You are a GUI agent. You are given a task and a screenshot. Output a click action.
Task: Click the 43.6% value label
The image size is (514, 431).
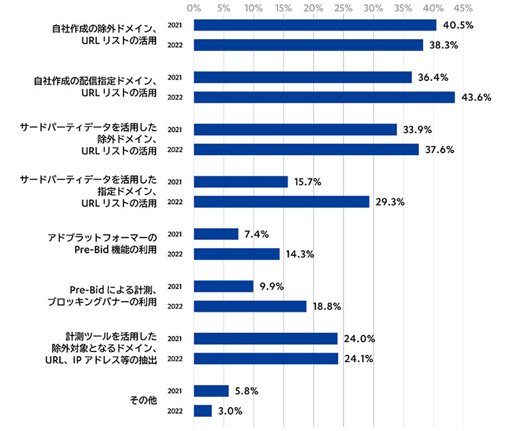476,97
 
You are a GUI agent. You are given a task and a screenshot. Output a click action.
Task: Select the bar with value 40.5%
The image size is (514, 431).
315,25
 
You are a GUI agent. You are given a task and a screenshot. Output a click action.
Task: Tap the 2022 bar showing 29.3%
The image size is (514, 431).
282,202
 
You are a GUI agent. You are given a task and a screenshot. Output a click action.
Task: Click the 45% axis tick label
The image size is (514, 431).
464,9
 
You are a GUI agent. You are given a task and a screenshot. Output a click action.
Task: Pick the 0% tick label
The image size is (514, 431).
194,9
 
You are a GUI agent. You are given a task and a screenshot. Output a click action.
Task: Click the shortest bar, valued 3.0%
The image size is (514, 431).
203,411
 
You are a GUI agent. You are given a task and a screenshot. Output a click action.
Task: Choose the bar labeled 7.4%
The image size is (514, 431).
216,234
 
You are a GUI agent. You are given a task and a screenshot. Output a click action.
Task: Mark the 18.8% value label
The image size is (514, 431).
327,306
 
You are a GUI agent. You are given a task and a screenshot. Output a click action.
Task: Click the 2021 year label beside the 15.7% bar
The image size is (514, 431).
175,182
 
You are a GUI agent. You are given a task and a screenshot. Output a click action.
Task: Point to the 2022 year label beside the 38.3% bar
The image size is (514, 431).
175,45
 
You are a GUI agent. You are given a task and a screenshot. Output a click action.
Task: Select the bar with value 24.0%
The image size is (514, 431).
266,339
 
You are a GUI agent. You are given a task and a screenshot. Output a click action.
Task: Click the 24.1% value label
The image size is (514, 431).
359,359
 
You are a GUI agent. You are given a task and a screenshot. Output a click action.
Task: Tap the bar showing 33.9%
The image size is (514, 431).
295,129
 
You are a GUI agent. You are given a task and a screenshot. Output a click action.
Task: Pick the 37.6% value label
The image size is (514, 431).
440,150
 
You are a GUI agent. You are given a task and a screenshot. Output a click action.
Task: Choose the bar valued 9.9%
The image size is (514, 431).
223,286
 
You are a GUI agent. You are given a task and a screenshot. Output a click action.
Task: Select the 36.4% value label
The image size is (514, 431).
432,78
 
